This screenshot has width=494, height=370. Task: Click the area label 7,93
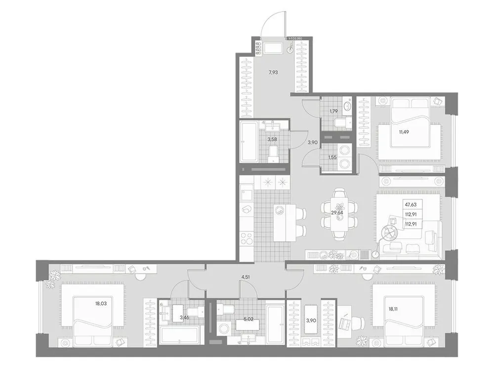click(273, 73)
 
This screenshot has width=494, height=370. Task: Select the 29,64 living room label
click(337, 213)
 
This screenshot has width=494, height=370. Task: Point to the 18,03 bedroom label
click(100, 304)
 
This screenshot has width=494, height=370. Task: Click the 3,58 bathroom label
click(272, 140)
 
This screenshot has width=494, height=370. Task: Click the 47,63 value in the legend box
click(411, 204)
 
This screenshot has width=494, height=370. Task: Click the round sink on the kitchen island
click(280, 210)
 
